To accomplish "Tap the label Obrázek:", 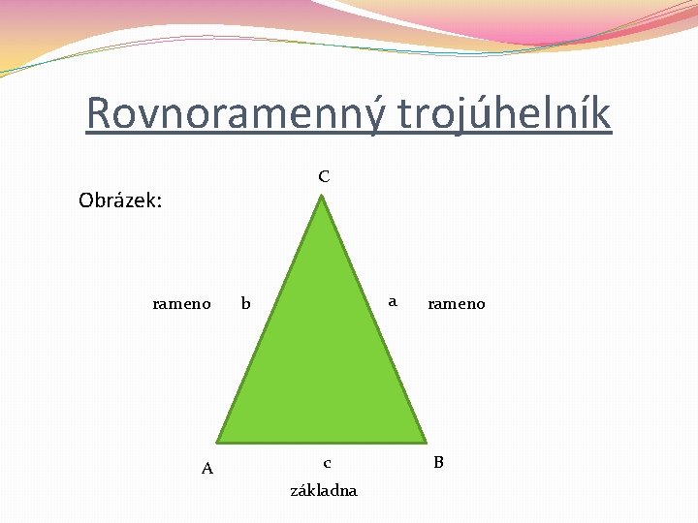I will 119,201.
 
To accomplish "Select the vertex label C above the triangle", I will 323,176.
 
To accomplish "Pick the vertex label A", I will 206,469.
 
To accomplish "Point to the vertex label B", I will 438,462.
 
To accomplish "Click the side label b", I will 245,304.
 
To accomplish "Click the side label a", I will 392,301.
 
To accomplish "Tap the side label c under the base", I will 327,463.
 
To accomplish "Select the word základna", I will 324,490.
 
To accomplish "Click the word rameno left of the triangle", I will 181,304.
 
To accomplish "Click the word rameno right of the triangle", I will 456,304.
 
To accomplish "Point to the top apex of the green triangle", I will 323,198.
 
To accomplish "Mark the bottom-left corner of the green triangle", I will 217,441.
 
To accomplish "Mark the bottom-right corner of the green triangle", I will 426,441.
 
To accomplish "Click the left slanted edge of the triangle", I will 270,320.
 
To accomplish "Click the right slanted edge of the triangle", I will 375,320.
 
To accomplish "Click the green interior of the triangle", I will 322,368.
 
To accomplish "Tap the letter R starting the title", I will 98,114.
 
